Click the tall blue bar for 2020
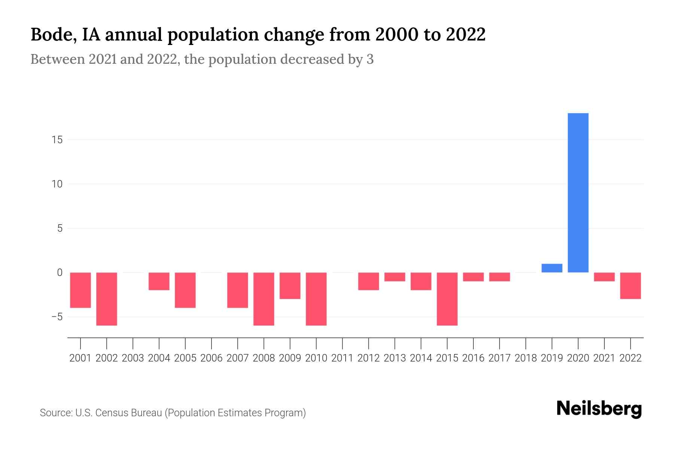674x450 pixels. point(578,193)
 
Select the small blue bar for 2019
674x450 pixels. point(552,268)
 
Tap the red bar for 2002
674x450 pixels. point(107,299)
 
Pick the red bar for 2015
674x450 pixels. point(447,299)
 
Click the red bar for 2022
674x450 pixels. point(631,286)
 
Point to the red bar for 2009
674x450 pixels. point(290,286)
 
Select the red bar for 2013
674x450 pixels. point(395,277)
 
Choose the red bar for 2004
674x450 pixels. point(159,281)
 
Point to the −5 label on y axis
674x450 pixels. point(57,317)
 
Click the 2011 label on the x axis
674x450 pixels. point(342,358)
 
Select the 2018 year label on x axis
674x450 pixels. point(526,358)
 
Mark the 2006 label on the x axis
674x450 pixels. point(212,358)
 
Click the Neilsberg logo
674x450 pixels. point(599,409)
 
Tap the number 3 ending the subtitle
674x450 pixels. point(370,60)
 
